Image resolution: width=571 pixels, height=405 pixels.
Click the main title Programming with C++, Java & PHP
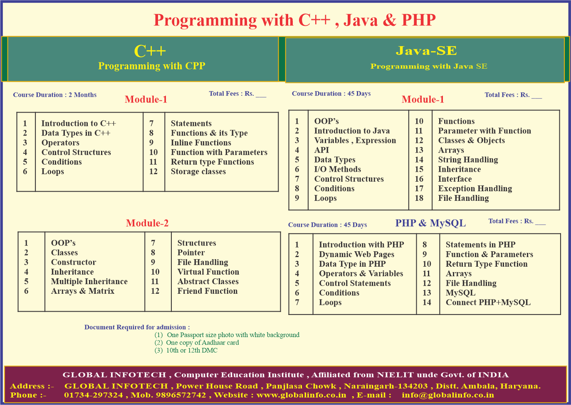click(x=295, y=20)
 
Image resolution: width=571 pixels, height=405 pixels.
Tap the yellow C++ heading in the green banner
click(x=150, y=51)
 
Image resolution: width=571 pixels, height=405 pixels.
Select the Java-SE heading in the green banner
click(x=426, y=50)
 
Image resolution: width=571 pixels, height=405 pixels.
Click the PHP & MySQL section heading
click(x=430, y=223)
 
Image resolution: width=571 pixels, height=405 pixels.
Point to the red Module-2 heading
click(x=147, y=223)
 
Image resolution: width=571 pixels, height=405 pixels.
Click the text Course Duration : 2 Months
click(x=55, y=95)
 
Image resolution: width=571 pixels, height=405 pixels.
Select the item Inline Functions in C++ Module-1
click(x=201, y=142)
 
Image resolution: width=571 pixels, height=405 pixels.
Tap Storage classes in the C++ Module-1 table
click(x=198, y=171)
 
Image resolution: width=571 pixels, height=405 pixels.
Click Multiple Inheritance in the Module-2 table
click(x=89, y=281)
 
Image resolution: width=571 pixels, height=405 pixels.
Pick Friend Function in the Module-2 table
click(x=208, y=291)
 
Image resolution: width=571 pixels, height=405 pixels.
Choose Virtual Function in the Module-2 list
click(x=208, y=272)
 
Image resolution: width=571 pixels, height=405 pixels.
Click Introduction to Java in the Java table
click(x=352, y=131)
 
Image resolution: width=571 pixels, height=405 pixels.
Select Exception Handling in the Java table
click(x=475, y=188)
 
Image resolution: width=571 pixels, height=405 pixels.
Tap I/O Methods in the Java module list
click(x=338, y=169)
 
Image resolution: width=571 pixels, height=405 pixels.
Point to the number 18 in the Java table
click(x=419, y=198)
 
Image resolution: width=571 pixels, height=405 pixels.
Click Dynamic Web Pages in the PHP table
click(x=357, y=254)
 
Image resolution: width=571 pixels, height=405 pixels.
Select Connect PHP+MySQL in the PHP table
click(x=488, y=302)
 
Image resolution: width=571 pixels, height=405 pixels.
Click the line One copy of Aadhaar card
click(x=203, y=342)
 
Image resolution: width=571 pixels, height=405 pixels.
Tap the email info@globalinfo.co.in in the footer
click(x=448, y=395)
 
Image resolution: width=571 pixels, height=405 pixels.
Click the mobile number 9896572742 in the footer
click(x=181, y=395)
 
